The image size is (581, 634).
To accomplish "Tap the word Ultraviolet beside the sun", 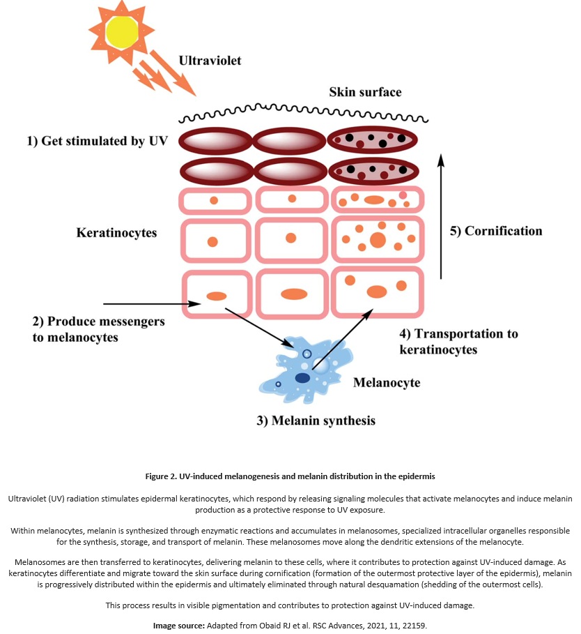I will coord(210,61).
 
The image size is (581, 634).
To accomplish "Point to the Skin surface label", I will coord(365,92).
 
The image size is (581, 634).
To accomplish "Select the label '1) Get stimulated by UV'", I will coord(97,141).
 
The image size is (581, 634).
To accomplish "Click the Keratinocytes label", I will coord(116,233).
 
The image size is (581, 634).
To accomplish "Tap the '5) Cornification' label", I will coord(496,231).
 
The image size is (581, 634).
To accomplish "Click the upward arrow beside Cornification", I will coord(440,216).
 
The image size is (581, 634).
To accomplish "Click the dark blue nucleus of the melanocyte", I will coord(302,378).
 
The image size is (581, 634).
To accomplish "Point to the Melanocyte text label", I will coord(387,383).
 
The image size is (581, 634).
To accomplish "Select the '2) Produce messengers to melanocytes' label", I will coord(99,330).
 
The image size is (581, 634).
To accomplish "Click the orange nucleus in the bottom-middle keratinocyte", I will coord(293,293).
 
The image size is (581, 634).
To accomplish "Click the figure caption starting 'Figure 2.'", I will coord(290,476).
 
